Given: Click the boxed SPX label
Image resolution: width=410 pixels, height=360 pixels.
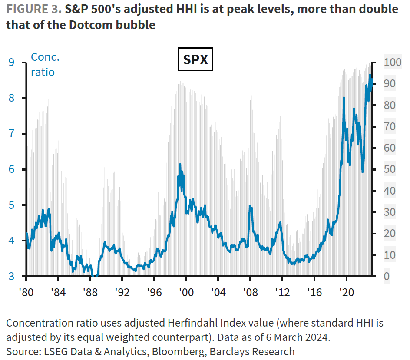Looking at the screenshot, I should click(195, 60).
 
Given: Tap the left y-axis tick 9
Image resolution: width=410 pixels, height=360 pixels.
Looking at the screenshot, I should click(12, 63).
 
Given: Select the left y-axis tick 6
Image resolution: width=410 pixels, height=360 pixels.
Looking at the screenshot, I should click(12, 169).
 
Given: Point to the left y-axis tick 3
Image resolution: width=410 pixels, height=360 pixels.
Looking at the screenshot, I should click(12, 276).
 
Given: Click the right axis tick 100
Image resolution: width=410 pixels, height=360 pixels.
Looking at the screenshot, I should click(392, 63).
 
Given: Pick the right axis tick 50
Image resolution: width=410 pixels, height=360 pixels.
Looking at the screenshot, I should click(390, 169).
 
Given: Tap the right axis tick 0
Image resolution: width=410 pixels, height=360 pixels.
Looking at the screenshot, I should click(387, 276).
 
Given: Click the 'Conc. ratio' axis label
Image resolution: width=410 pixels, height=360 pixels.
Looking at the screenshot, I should click(44, 65).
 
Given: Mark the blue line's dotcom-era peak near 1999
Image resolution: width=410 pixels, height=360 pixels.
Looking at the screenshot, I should click(180, 164).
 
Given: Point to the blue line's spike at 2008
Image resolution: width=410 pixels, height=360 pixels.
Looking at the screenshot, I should click(250, 206).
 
